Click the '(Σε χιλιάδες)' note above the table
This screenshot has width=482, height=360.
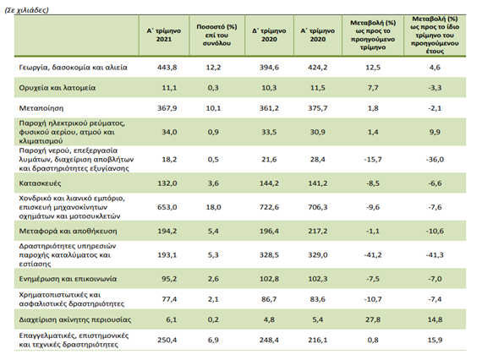[x=27, y=10]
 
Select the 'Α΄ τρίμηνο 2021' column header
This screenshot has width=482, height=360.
[x=164, y=35]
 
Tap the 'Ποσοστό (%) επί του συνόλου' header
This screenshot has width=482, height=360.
[x=216, y=35]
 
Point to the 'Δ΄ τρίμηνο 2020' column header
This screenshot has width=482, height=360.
[x=269, y=35]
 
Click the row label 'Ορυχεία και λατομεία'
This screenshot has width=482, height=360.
[x=58, y=88]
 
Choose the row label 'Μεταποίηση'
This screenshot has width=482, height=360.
[x=41, y=108]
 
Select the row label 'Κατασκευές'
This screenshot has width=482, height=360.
[x=40, y=183]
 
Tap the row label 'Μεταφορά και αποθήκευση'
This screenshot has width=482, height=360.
[x=68, y=231]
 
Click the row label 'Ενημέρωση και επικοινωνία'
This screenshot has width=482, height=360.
[x=68, y=279]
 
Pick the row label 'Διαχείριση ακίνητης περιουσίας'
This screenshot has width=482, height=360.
[x=75, y=319]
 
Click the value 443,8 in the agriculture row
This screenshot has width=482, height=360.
[x=167, y=68]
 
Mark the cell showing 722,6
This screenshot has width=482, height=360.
[x=269, y=207]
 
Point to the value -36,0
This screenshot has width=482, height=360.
[x=435, y=160]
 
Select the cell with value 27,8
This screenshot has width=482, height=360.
[x=373, y=319]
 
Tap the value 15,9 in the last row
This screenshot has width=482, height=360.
[x=435, y=340]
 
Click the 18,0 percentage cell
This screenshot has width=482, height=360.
[x=213, y=207]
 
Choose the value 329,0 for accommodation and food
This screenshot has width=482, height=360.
[x=318, y=255]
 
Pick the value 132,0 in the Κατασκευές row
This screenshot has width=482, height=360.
[x=167, y=183]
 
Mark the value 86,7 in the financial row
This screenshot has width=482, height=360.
[x=269, y=299]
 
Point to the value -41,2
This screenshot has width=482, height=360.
[x=373, y=255]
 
